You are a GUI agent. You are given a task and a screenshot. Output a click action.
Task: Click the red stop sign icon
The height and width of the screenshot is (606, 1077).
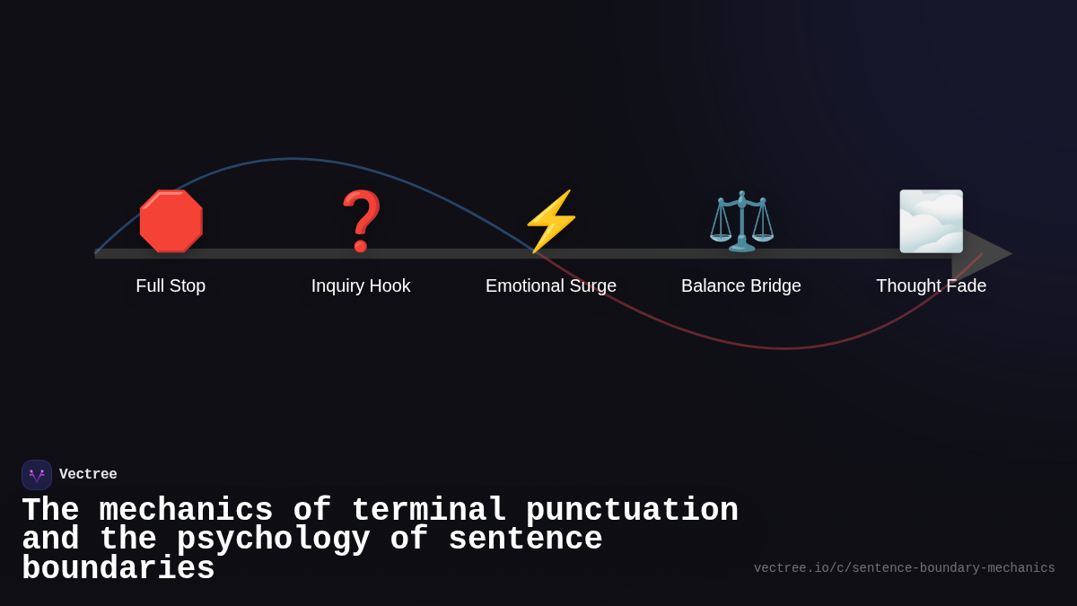[x=171, y=222]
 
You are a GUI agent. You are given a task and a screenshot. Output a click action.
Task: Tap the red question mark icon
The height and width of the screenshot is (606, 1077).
[x=361, y=222]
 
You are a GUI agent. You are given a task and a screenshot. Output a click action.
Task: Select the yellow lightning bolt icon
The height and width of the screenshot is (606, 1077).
[x=551, y=222]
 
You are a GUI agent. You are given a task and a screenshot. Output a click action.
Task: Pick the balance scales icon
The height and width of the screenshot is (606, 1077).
[x=741, y=222]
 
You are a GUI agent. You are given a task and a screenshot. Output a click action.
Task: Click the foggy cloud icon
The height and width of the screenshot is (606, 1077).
[x=931, y=222]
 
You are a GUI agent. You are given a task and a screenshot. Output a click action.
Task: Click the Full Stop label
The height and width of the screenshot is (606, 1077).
[x=171, y=285]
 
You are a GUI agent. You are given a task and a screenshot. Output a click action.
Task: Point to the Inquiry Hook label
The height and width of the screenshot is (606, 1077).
[x=361, y=285]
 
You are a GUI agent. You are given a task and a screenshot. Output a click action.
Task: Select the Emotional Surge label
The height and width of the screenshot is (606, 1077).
[x=551, y=285]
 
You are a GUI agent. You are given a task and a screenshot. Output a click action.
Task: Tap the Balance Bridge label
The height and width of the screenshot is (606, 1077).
[x=741, y=285]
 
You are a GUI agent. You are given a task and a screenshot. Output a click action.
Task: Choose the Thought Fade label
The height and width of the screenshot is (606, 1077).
[x=931, y=285]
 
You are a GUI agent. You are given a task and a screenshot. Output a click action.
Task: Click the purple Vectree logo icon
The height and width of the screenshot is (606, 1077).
[x=37, y=475]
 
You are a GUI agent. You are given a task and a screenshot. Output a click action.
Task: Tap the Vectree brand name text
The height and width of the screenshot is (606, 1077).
[x=88, y=475]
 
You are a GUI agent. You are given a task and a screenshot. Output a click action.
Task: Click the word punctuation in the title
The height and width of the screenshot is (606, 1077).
[x=632, y=511]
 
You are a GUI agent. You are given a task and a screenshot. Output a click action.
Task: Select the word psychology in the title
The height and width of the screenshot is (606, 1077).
[x=274, y=540]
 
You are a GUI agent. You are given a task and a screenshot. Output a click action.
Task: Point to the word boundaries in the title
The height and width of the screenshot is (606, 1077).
[x=118, y=569]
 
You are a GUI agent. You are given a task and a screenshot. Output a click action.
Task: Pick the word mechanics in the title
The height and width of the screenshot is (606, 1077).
[x=186, y=511]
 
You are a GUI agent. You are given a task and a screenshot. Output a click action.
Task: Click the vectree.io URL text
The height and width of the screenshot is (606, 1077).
[x=904, y=568]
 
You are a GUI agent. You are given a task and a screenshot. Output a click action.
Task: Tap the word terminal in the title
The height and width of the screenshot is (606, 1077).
[x=429, y=511]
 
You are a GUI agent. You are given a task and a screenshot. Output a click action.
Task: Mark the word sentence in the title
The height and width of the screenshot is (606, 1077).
[x=525, y=540]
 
